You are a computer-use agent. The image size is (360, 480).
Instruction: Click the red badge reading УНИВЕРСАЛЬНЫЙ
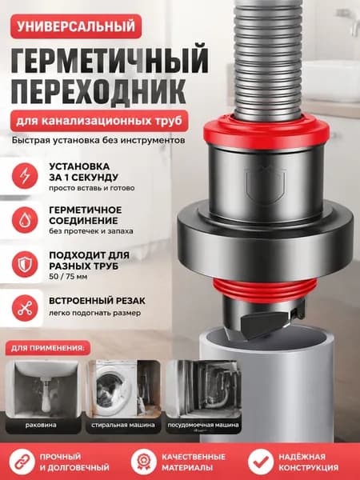click(x=76, y=26)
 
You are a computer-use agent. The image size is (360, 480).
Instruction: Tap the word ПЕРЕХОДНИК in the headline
click(x=98, y=91)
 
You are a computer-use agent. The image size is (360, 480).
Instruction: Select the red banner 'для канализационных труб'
click(x=99, y=121)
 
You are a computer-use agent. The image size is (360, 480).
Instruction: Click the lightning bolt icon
click(x=25, y=176)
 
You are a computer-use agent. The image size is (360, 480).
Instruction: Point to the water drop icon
click(x=25, y=220)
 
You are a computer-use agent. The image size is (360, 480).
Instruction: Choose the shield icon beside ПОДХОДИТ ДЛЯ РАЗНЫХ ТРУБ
click(x=25, y=265)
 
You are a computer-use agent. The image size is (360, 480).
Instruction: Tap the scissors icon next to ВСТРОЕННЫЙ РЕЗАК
click(x=25, y=308)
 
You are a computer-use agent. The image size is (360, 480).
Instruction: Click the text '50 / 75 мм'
click(x=68, y=277)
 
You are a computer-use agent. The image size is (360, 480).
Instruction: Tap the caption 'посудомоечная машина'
click(x=203, y=426)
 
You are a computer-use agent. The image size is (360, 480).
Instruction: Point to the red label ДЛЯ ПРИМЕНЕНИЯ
click(x=48, y=348)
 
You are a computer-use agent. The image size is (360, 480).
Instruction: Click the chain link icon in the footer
click(x=22, y=462)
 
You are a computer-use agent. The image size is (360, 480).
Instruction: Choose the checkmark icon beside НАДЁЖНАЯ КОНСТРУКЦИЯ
click(x=261, y=462)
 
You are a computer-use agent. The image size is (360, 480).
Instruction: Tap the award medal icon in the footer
click(x=144, y=462)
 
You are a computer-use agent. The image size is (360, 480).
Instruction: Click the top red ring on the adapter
click(x=266, y=132)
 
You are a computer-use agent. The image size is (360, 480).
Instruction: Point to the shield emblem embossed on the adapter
click(x=266, y=186)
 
